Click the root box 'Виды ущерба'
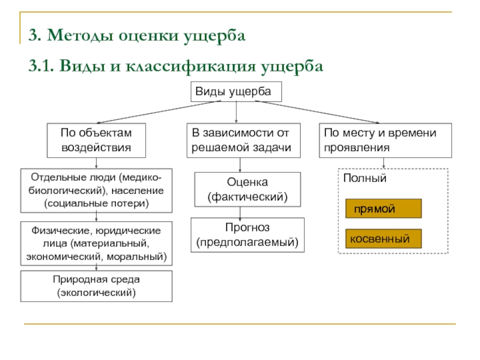pyautogui.click(x=236, y=92)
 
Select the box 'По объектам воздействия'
pyautogui.click(x=96, y=140)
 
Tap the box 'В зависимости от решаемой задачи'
pyautogui.click(x=241, y=140)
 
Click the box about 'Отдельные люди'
pyautogui.click(x=96, y=191)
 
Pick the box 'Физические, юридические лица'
pyautogui.click(x=96, y=244)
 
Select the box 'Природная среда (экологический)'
pyautogui.click(x=96, y=286)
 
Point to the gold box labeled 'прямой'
pyautogui.click(x=383, y=208)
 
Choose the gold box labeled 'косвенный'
pyautogui.click(x=383, y=239)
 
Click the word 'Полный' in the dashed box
pyautogui.click(x=365, y=179)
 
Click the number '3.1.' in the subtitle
pyautogui.click(x=41, y=65)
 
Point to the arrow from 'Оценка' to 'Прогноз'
pyautogui.click(x=241, y=212)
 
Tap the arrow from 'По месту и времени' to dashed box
pyautogui.click(x=383, y=163)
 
